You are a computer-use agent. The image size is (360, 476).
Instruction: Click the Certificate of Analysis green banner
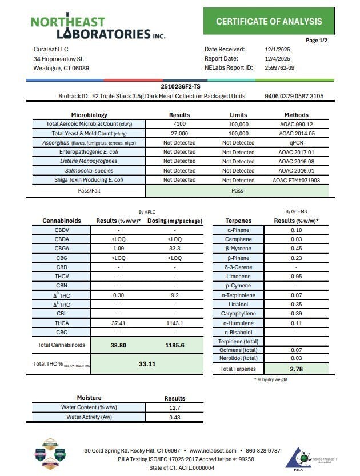point(269,22)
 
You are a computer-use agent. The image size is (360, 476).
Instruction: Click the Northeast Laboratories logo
point(97,27)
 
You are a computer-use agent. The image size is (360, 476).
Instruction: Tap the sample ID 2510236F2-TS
point(181,86)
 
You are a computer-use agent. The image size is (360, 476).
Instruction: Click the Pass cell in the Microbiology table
point(238,190)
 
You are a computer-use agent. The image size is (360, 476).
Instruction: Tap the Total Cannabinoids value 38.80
point(118,345)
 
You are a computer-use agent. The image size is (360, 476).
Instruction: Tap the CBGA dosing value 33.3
point(175,248)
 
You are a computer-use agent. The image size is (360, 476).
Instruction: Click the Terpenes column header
point(238,221)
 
